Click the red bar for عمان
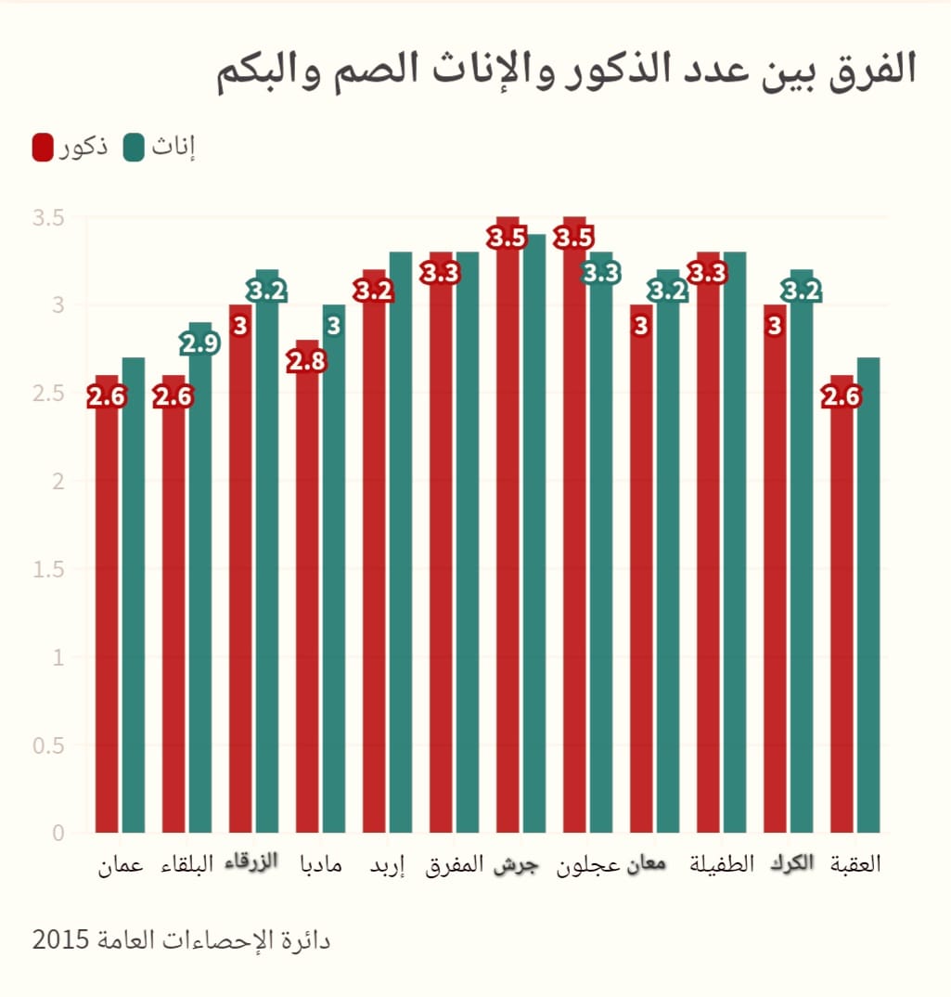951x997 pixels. pos(107,613)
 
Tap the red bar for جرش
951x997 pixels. pos(508,538)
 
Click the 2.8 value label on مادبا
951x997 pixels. pos(306,361)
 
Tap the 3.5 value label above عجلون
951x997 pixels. pos(573,238)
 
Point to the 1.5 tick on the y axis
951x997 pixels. pos(47,569)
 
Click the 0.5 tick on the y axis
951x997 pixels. pos(47,745)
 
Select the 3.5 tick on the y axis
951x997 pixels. pos(47,218)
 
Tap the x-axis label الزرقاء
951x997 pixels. pos(252,863)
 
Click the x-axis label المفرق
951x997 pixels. pos(455,865)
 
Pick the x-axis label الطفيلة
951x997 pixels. pos(722,864)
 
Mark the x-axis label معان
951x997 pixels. pos(647,864)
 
